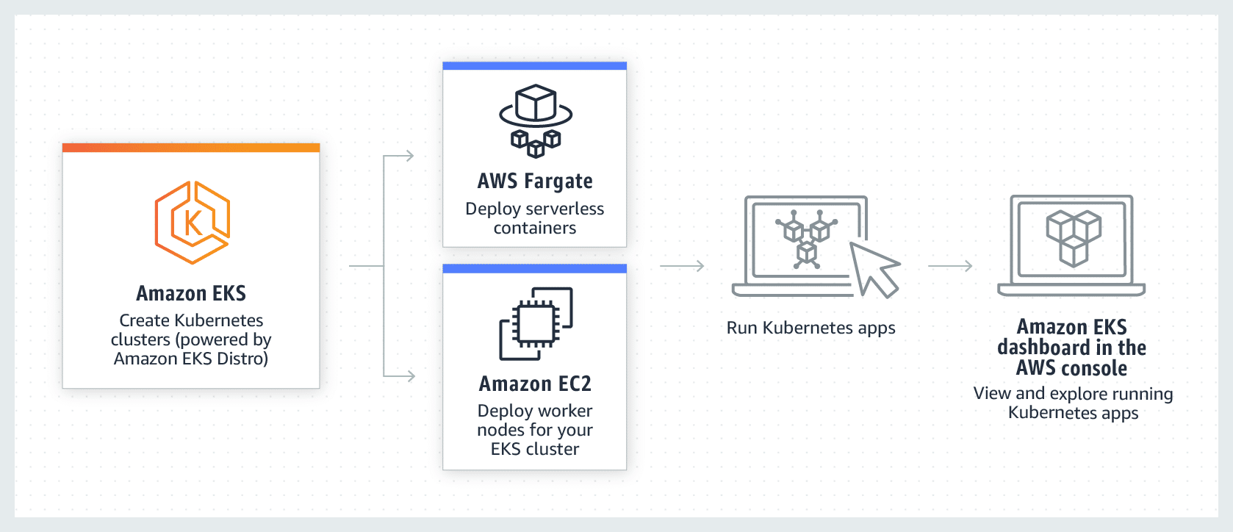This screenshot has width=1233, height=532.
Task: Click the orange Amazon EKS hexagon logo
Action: (192, 222)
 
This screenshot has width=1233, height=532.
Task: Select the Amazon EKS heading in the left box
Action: (191, 293)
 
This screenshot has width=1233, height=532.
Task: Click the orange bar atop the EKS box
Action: (191, 148)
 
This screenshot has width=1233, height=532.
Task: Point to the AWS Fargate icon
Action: (536, 121)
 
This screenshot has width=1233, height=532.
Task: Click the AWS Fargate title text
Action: (535, 181)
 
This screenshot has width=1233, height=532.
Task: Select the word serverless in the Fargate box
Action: (565, 209)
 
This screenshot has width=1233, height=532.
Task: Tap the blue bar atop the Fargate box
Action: (534, 66)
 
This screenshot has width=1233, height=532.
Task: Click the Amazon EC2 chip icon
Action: (536, 323)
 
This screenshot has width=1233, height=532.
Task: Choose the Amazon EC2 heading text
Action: (535, 384)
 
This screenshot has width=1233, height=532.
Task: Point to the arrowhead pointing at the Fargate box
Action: (409, 156)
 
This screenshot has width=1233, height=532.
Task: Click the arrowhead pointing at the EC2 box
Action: (410, 376)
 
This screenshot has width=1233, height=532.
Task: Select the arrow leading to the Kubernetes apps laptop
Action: (683, 266)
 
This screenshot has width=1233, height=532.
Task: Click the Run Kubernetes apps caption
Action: (810, 328)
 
